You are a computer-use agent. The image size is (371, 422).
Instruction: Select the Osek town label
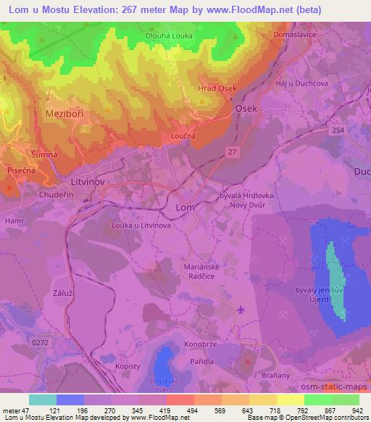(246, 107)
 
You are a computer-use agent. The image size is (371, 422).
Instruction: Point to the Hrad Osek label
(217, 88)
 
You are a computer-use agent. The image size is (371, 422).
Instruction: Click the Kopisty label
(128, 366)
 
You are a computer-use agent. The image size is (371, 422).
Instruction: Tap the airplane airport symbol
(241, 310)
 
